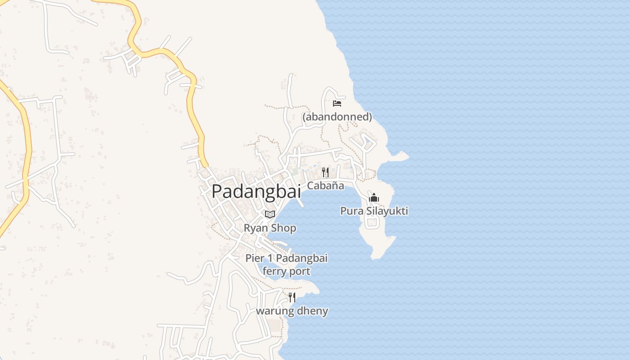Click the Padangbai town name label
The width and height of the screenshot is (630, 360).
pos(256,191)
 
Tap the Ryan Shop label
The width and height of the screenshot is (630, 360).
pos(270,228)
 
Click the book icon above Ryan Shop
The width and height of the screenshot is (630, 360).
pos(270,214)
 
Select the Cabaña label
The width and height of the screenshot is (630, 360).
pos(325,185)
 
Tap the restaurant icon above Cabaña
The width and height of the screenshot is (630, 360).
pos(325,172)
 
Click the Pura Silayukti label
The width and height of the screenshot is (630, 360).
pos(374,211)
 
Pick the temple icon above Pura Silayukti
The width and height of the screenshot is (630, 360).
pos(374,198)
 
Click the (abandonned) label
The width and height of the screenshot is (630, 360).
pos(337,117)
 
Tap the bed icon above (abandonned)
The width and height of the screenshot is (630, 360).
pos(337,103)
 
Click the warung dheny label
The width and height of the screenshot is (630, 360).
pos(292,311)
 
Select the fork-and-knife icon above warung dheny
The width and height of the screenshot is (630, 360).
pos(292,297)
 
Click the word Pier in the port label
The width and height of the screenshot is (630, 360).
pos(254,258)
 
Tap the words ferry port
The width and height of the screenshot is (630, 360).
pos(286,271)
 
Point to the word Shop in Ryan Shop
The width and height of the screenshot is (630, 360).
pos(283,229)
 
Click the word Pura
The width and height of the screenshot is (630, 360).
pos(350,211)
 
